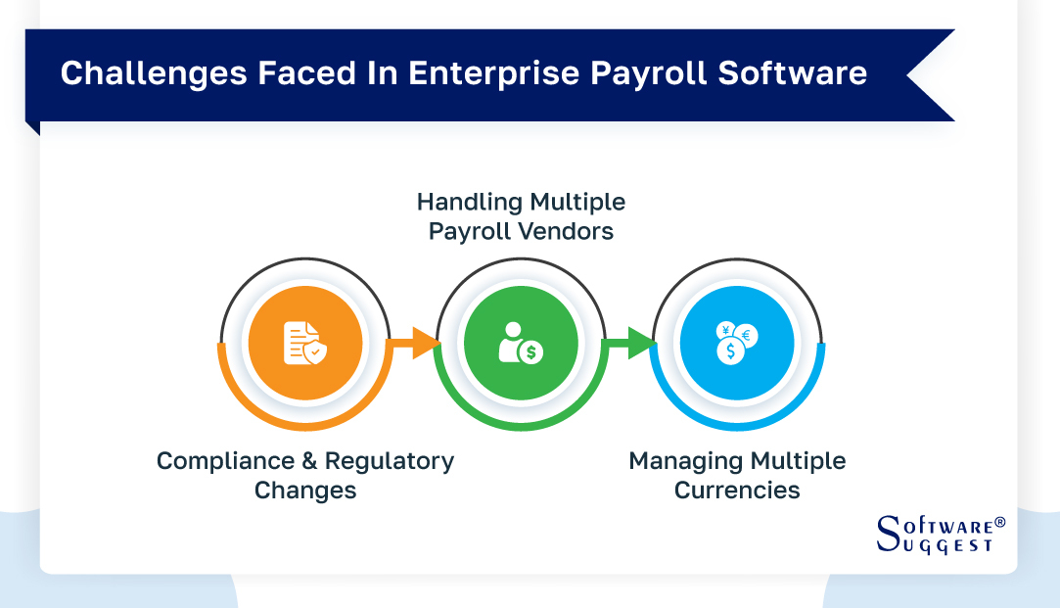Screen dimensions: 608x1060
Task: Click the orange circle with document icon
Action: [304, 344]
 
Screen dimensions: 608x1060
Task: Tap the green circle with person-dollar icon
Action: [521, 344]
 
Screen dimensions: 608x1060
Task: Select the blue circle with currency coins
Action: [737, 344]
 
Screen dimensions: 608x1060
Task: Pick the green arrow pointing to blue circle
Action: [629, 344]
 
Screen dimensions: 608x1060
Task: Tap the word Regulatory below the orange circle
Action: [390, 461]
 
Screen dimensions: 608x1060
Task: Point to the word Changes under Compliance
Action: [305, 491]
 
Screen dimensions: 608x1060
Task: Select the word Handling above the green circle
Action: [469, 203]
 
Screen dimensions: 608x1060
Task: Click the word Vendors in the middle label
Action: [568, 232]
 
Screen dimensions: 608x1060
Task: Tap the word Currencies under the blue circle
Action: [737, 491]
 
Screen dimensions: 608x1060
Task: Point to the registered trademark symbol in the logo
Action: [998, 523]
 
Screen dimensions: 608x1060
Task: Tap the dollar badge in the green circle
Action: [531, 351]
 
